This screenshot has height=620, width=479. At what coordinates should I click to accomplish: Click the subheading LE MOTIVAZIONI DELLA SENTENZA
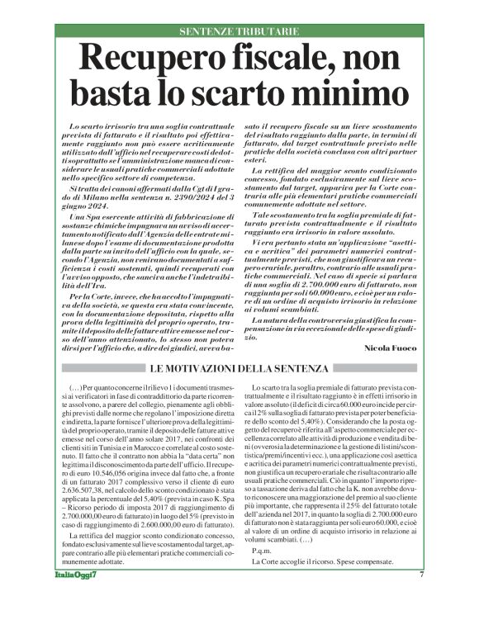point(239,365)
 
